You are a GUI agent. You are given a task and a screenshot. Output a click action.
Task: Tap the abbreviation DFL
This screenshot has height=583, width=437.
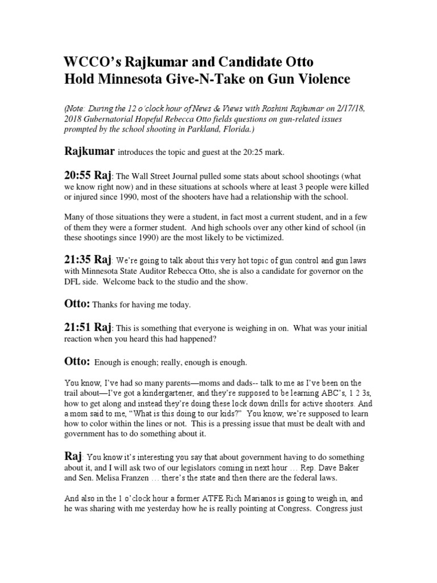(x=72, y=281)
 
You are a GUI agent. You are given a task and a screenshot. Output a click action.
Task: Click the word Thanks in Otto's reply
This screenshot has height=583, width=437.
(x=104, y=305)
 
